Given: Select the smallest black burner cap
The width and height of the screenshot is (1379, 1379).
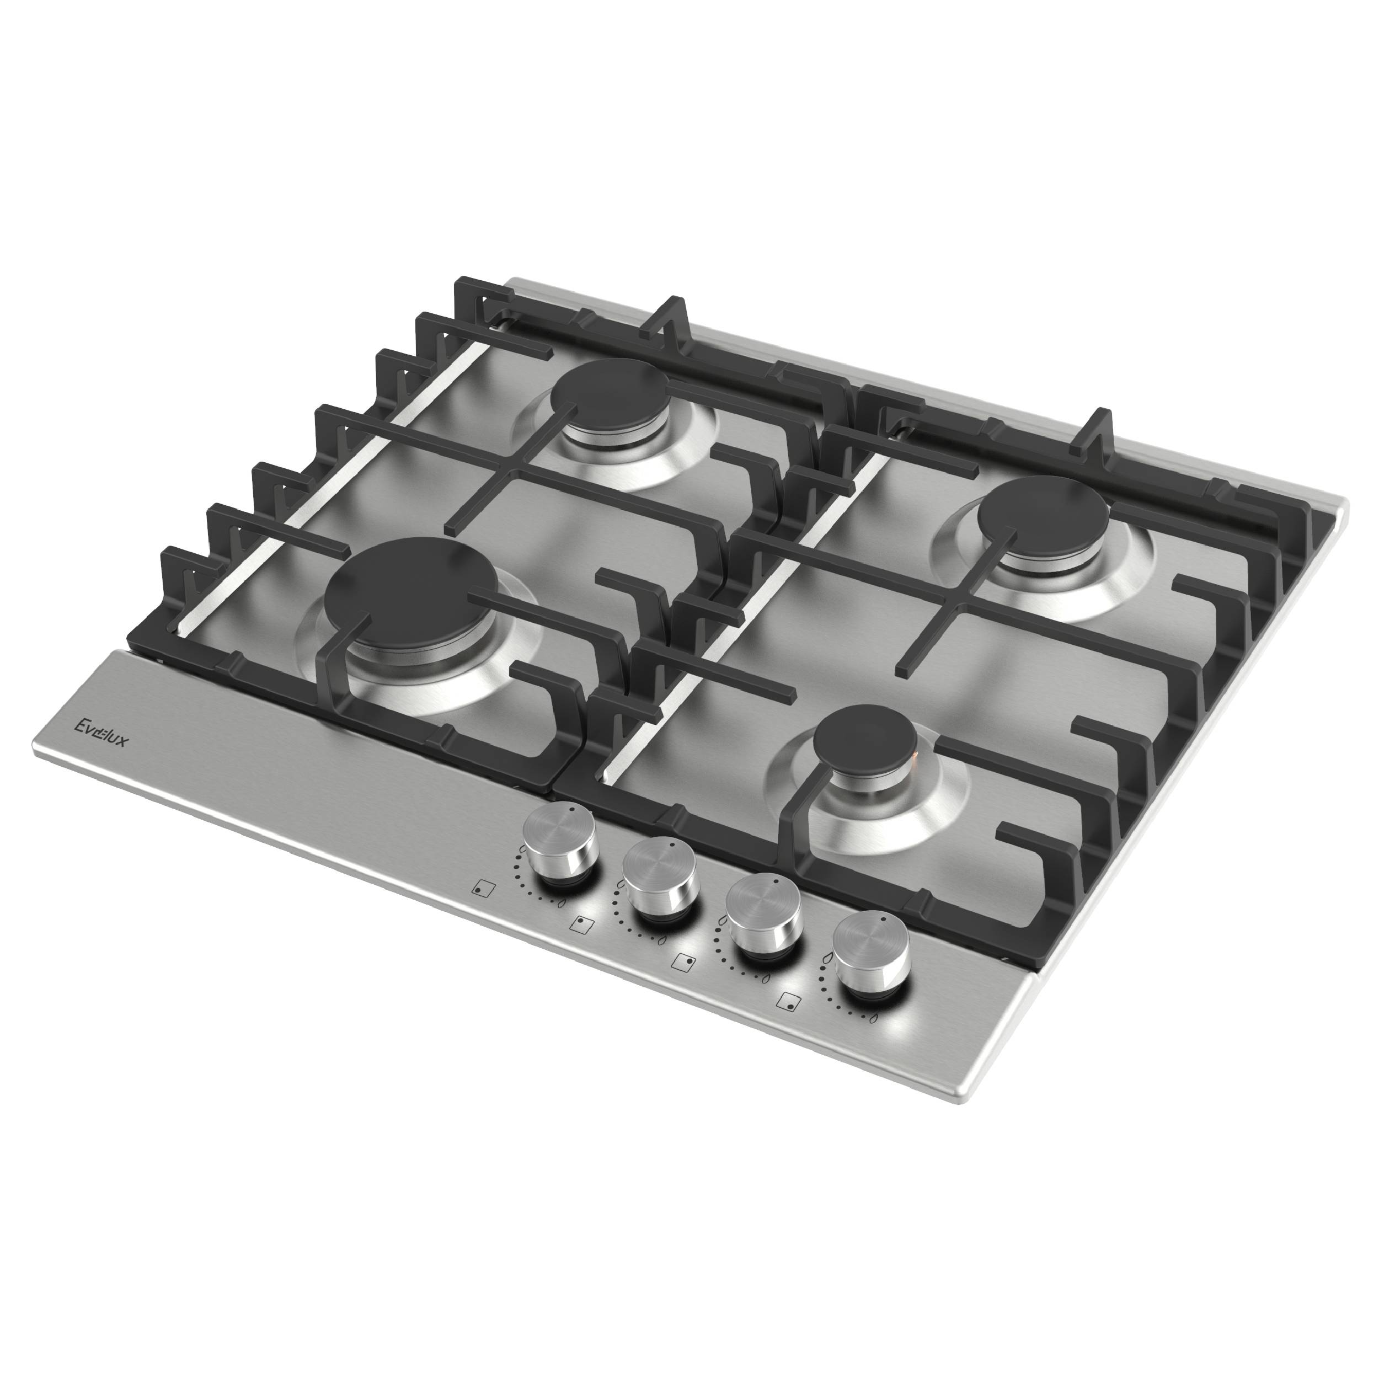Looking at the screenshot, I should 865,742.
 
